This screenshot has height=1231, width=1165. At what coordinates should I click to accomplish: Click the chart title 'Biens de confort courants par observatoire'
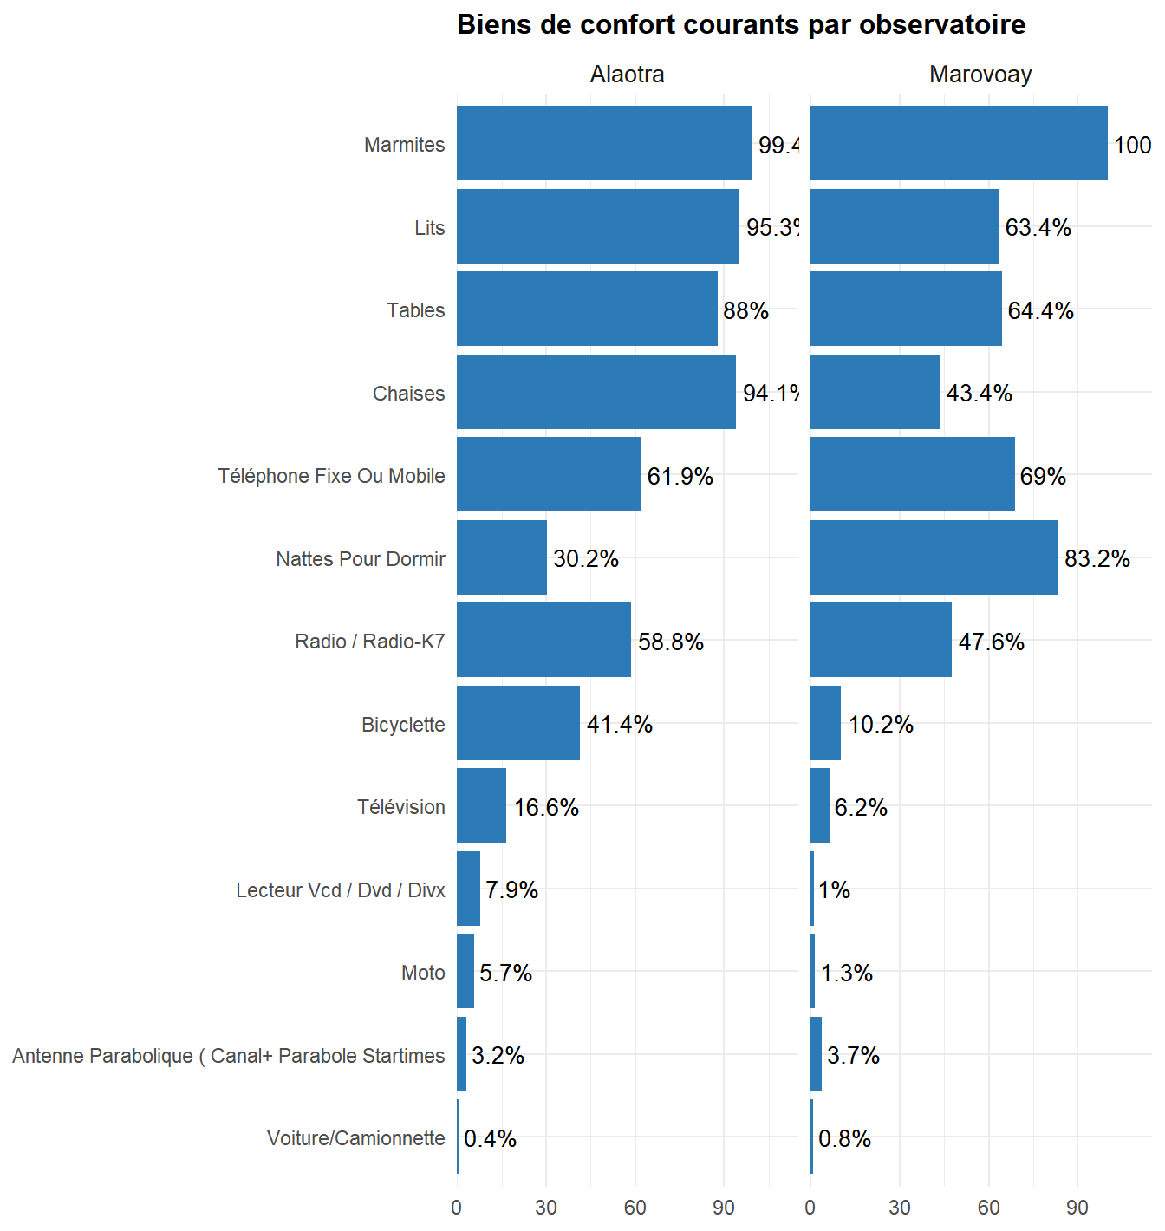[x=741, y=25]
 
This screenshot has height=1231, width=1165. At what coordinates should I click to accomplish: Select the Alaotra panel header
[x=627, y=75]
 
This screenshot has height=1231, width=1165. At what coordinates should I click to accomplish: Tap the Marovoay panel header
[x=980, y=75]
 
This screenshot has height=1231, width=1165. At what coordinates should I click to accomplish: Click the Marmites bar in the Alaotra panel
[x=603, y=143]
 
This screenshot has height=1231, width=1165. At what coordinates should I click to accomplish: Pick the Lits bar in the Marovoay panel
[x=904, y=226]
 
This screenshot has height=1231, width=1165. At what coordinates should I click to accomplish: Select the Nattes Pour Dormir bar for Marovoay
[x=934, y=557]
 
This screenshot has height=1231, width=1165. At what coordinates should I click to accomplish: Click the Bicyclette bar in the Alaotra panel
[x=518, y=723]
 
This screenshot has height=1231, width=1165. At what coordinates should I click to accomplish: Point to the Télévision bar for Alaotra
[x=481, y=805]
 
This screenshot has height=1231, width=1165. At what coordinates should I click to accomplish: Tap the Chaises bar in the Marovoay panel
[x=875, y=392]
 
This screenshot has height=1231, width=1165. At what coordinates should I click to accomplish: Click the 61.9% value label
[x=680, y=476]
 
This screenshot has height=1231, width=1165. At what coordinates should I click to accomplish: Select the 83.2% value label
[x=1097, y=559]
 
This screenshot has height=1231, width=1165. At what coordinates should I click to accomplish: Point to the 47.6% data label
[x=992, y=642]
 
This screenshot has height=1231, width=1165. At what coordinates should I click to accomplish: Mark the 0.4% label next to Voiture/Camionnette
[x=491, y=1138]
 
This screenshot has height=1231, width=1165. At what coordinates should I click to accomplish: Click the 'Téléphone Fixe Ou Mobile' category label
[x=331, y=476]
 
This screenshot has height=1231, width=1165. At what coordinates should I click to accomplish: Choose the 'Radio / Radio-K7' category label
[x=370, y=642]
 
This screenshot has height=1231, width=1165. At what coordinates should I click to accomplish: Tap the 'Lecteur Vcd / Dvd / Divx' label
[x=341, y=890]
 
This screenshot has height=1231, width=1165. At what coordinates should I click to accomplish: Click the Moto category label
[x=423, y=973]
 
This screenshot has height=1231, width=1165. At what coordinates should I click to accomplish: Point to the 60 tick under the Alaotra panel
[x=635, y=1208]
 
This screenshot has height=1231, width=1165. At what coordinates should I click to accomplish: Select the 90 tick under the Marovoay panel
[x=1077, y=1208]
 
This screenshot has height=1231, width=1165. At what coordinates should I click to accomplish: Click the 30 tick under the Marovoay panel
[x=900, y=1208]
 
